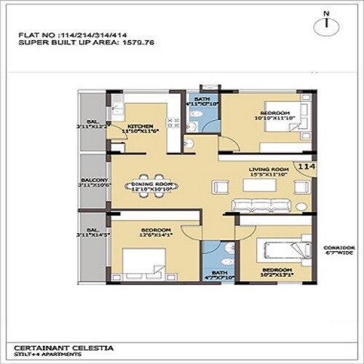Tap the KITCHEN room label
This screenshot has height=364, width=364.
140,126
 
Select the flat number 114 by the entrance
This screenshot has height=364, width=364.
306,167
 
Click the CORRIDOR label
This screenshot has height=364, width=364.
338,248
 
